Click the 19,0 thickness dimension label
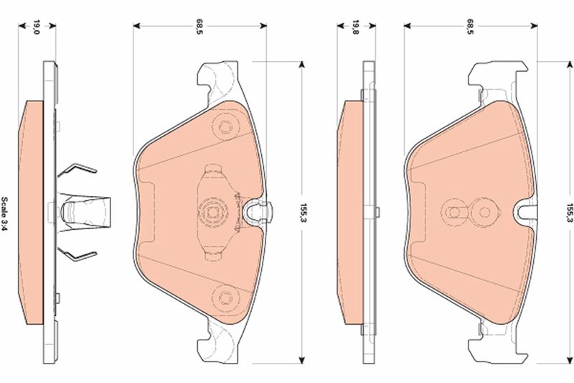pyautogui.click(x=34, y=29)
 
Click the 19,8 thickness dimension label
pyautogui.click(x=355, y=29)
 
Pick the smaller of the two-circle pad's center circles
pyautogui.click(x=453, y=213)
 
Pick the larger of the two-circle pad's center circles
pyautogui.click(x=485, y=213)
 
